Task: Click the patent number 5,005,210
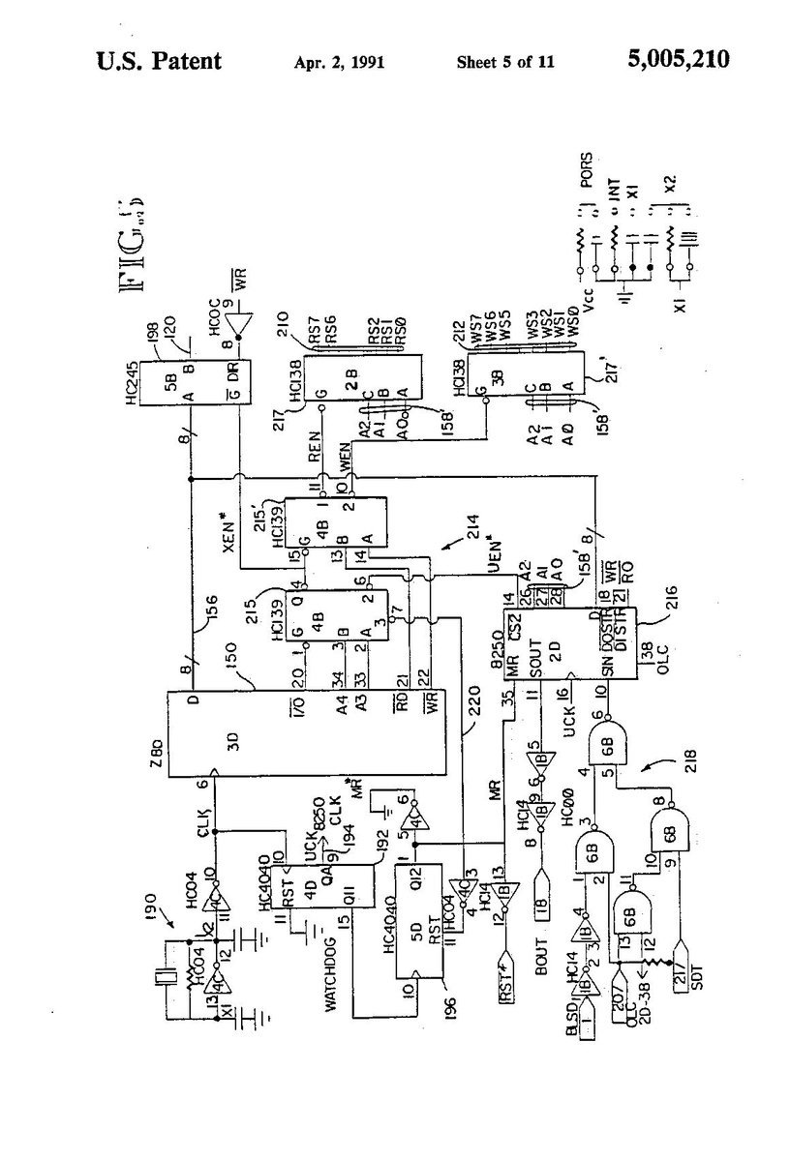(x=678, y=61)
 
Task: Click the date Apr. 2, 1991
(x=340, y=63)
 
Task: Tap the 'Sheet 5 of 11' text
(x=505, y=63)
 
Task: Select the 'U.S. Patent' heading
(x=159, y=62)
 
